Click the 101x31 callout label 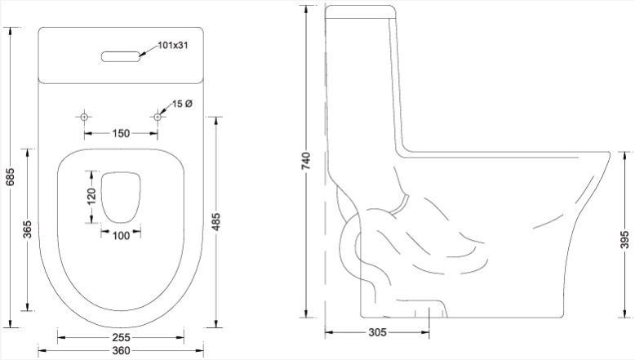tap(173, 46)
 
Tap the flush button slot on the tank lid tap(121, 56)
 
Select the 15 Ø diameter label tap(182, 104)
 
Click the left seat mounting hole tap(84, 117)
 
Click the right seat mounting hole tap(158, 117)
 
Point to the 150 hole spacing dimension tap(121, 133)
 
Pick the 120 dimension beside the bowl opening tap(92, 197)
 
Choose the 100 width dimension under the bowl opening tap(121, 236)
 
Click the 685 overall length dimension tap(10, 177)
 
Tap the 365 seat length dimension tap(28, 229)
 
